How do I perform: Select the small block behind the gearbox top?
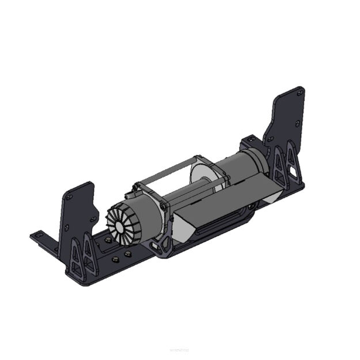[x=251, y=141]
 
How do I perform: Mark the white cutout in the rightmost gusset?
[x=295, y=171]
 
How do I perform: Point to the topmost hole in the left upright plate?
[x=70, y=197]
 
